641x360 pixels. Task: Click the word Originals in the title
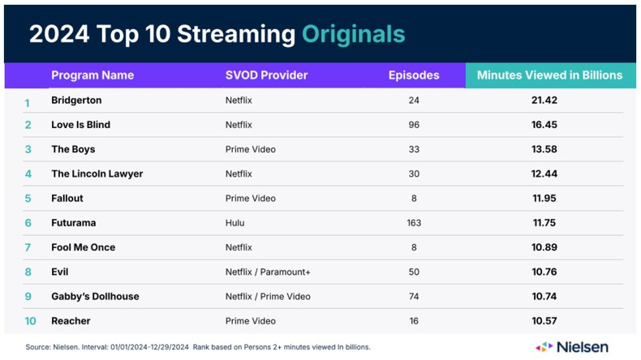[x=353, y=34]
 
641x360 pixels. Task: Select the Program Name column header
[x=92, y=75]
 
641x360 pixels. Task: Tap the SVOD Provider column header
[x=266, y=75]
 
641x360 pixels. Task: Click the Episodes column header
[x=414, y=75]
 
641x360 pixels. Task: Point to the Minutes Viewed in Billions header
[x=549, y=75]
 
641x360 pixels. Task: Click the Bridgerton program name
[x=76, y=101]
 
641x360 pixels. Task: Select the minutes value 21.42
[x=544, y=101]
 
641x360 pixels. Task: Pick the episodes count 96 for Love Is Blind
[x=414, y=125]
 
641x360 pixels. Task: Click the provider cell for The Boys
[x=250, y=149]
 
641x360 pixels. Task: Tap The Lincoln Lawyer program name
[x=97, y=174]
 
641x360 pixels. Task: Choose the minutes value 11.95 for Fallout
[x=544, y=198]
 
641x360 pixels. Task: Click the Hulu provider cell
[x=234, y=223]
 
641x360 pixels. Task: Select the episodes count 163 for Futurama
[x=414, y=223]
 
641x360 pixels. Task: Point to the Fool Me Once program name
[x=83, y=247]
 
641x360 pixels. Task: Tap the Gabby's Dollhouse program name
[x=95, y=296]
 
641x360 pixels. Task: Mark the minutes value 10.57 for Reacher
[x=544, y=321]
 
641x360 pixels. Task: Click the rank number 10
[x=30, y=321]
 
